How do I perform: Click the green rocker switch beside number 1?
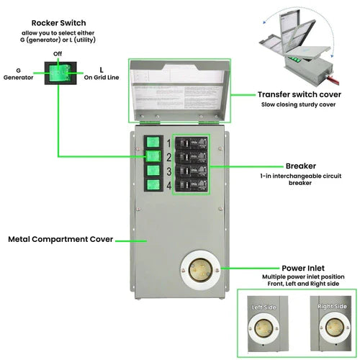click(x=153, y=143)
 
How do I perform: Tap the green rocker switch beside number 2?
click(x=153, y=157)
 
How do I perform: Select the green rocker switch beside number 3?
click(x=153, y=171)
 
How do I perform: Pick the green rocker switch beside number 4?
click(x=153, y=186)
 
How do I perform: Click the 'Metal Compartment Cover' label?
click(x=60, y=239)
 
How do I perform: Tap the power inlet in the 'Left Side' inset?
click(x=264, y=325)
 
